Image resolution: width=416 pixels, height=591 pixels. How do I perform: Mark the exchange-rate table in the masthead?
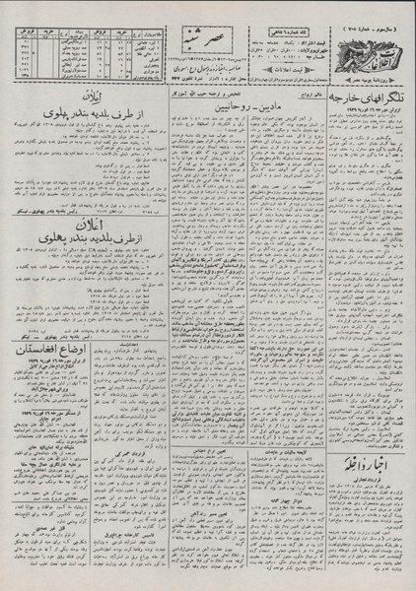69,45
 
